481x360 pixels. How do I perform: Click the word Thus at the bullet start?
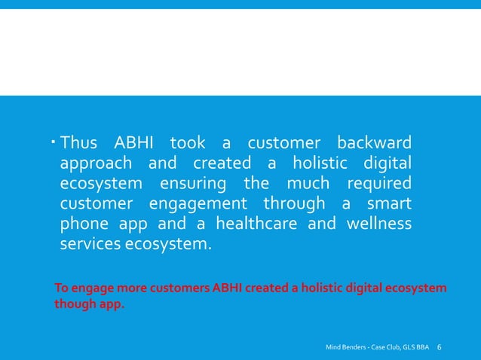(x=79, y=143)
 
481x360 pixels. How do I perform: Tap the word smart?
(x=388, y=204)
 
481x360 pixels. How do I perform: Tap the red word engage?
(x=88, y=288)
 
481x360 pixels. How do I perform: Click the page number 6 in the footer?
(x=440, y=347)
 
